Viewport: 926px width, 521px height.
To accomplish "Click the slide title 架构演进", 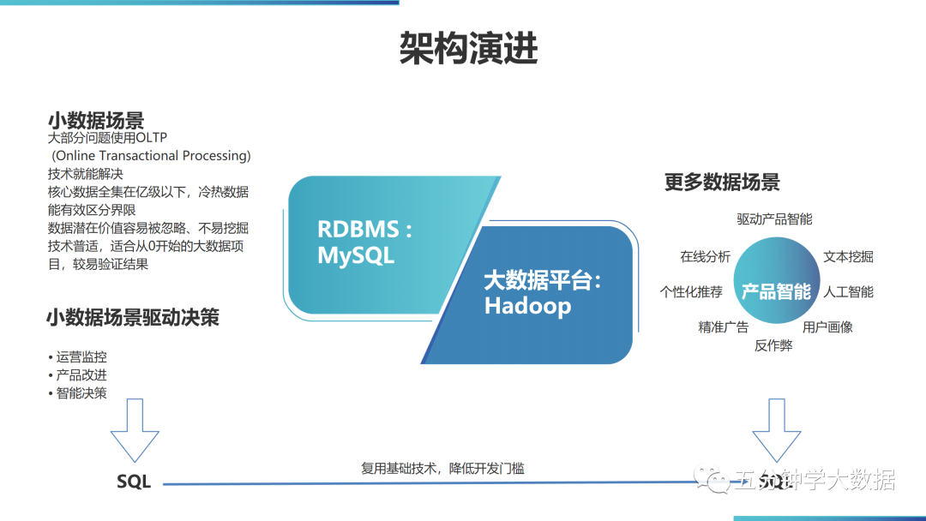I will (469, 49).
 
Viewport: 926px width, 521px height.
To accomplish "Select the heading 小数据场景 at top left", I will (96, 120).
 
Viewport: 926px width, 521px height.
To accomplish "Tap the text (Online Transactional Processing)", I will (151, 156).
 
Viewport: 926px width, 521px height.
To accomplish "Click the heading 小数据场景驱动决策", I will (133, 318).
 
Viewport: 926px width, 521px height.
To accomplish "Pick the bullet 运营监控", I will (81, 357).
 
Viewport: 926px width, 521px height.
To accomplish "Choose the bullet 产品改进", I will (81, 375).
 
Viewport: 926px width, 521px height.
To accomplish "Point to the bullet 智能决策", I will (81, 393).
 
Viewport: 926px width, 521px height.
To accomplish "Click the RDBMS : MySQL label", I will (365, 243).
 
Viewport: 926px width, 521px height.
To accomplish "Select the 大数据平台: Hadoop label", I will (543, 293).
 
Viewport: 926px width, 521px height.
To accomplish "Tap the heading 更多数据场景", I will (722, 182).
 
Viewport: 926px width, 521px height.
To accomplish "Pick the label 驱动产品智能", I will (774, 219).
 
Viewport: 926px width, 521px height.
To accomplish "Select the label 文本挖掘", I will (848, 256).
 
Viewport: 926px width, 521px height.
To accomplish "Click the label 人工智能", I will (848, 291).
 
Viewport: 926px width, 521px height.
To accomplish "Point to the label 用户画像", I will (827, 326).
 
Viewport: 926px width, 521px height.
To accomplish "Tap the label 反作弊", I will (773, 345).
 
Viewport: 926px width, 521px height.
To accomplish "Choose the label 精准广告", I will (723, 326).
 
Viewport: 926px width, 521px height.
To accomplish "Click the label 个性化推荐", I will (691, 291).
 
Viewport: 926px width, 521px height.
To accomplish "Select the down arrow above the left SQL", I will (135, 430).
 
